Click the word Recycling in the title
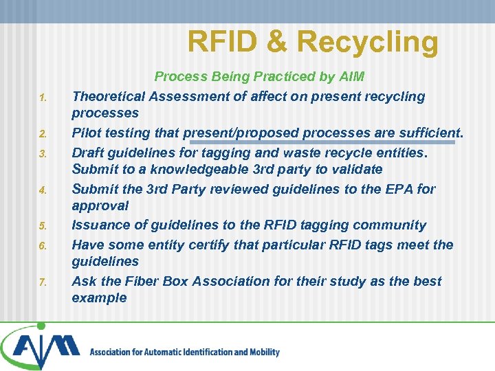368,43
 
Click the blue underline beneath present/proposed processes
323,143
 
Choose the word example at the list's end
99,298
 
